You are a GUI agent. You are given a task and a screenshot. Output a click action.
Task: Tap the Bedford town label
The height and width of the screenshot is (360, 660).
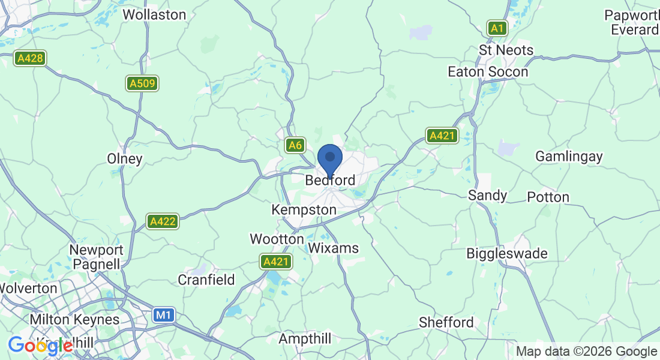[330, 180]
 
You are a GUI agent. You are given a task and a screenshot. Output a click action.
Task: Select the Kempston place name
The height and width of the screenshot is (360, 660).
[304, 210]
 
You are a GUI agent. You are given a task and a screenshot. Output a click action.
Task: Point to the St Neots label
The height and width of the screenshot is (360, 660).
[506, 50]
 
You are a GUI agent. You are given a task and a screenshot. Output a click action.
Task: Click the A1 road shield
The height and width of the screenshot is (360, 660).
[497, 28]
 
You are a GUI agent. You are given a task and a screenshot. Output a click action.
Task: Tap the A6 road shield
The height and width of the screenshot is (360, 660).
[295, 145]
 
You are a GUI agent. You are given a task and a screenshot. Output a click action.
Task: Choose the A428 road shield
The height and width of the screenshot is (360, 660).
[31, 58]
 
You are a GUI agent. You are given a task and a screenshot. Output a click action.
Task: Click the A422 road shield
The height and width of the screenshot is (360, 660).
[163, 221]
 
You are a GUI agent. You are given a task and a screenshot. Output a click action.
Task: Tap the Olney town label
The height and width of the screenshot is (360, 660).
[125, 159]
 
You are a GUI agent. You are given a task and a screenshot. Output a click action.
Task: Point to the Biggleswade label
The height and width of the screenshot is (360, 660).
[507, 253]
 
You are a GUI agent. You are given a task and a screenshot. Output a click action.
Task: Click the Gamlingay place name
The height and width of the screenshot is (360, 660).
[569, 156]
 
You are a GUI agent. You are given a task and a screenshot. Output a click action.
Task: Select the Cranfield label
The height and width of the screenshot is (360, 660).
[206, 280]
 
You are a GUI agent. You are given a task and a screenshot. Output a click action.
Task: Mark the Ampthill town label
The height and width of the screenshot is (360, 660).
[305, 339]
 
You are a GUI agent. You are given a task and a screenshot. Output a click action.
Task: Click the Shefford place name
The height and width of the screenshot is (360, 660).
[446, 322]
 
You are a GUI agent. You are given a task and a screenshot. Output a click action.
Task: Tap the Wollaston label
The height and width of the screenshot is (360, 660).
[154, 14]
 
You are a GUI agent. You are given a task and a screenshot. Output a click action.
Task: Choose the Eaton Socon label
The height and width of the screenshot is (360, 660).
[488, 72]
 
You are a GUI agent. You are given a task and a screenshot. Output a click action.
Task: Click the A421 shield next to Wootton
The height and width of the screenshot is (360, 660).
[276, 262]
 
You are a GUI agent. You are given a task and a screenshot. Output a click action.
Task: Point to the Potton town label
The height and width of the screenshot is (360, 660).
[548, 197]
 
